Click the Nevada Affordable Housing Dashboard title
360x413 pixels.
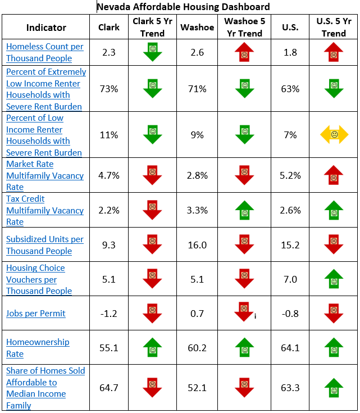click(x=183, y=7)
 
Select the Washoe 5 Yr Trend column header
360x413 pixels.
click(x=244, y=27)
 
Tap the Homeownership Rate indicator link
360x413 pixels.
click(x=38, y=348)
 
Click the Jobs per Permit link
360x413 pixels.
click(x=36, y=313)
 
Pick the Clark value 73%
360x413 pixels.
click(x=109, y=89)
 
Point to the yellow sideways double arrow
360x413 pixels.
click(x=334, y=135)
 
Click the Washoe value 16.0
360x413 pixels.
click(x=197, y=244)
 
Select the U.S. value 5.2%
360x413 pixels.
click(x=290, y=175)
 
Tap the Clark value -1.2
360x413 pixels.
click(x=109, y=313)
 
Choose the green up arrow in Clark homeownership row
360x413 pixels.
click(x=152, y=347)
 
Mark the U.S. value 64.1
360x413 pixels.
click(x=290, y=348)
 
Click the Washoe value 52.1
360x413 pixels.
click(x=197, y=388)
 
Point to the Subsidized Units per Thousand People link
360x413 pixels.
click(x=45, y=245)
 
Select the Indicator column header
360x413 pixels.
click(x=46, y=28)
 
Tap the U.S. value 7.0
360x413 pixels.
click(x=290, y=279)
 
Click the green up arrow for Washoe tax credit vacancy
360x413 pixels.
click(x=244, y=210)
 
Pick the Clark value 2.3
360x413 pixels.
click(x=109, y=52)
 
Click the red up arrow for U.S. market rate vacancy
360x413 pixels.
click(x=334, y=175)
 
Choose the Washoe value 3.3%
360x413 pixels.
click(x=197, y=210)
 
